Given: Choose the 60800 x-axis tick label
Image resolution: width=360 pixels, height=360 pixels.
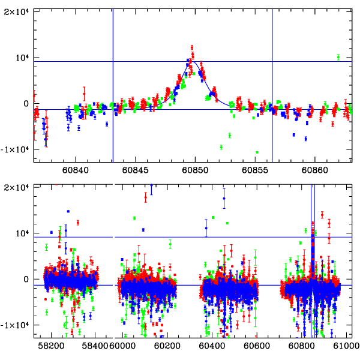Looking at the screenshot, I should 299,346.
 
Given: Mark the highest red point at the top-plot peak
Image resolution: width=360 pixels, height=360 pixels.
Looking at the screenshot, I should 192,46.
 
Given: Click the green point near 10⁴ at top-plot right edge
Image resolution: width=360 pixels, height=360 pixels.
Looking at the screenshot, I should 338,57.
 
